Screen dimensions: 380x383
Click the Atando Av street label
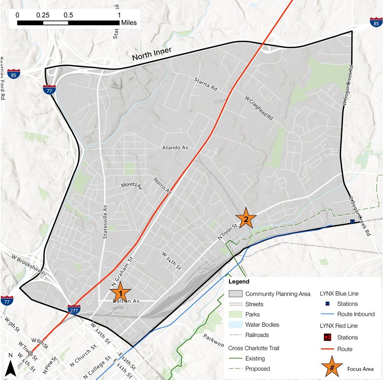[175, 148]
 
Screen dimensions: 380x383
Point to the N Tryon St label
[227, 231]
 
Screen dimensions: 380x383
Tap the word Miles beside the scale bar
[129, 23]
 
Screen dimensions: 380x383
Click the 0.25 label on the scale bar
[43, 15]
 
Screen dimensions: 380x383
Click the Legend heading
[239, 282]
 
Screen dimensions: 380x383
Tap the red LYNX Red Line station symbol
[327, 338]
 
